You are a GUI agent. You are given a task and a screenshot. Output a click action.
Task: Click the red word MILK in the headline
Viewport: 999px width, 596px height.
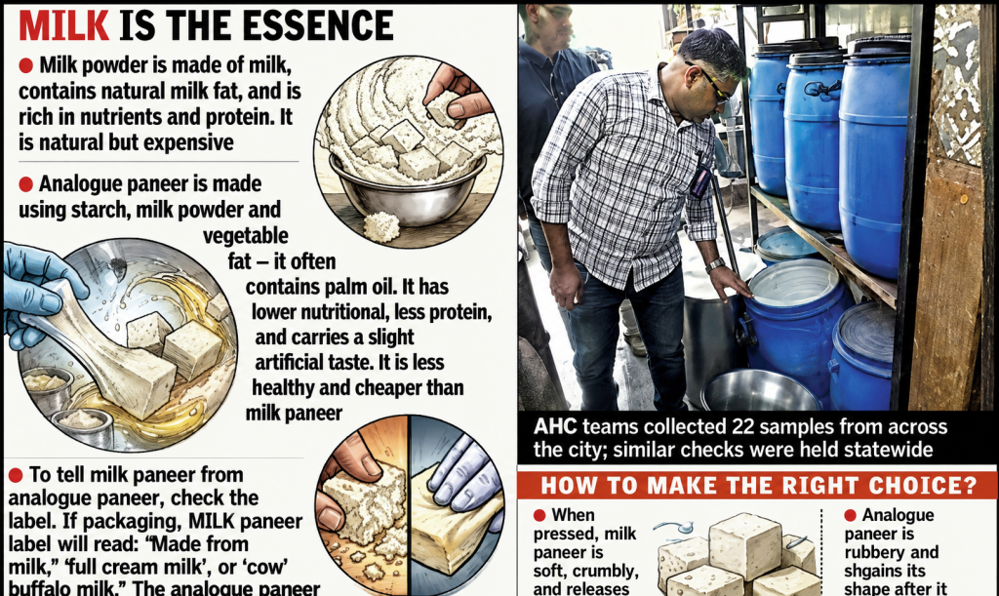(63, 25)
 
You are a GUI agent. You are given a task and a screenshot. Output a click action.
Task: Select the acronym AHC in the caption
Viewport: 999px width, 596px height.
(555, 426)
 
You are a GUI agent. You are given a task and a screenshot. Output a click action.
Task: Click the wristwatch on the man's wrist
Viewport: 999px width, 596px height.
(715, 264)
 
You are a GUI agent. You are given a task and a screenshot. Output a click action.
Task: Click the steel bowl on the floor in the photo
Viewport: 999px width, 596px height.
(760, 390)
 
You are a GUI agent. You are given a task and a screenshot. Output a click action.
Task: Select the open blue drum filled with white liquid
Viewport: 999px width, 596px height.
(796, 318)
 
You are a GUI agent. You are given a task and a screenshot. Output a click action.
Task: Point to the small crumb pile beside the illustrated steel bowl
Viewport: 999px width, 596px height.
(381, 226)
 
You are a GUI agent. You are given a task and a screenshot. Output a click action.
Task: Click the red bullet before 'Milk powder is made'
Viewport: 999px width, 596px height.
(25, 65)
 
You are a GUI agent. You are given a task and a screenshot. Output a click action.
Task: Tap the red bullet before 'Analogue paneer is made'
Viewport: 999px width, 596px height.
(25, 184)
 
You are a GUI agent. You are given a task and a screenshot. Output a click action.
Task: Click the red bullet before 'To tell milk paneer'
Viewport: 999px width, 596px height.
(16, 475)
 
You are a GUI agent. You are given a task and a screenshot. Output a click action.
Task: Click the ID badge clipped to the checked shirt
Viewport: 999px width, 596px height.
(700, 181)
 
